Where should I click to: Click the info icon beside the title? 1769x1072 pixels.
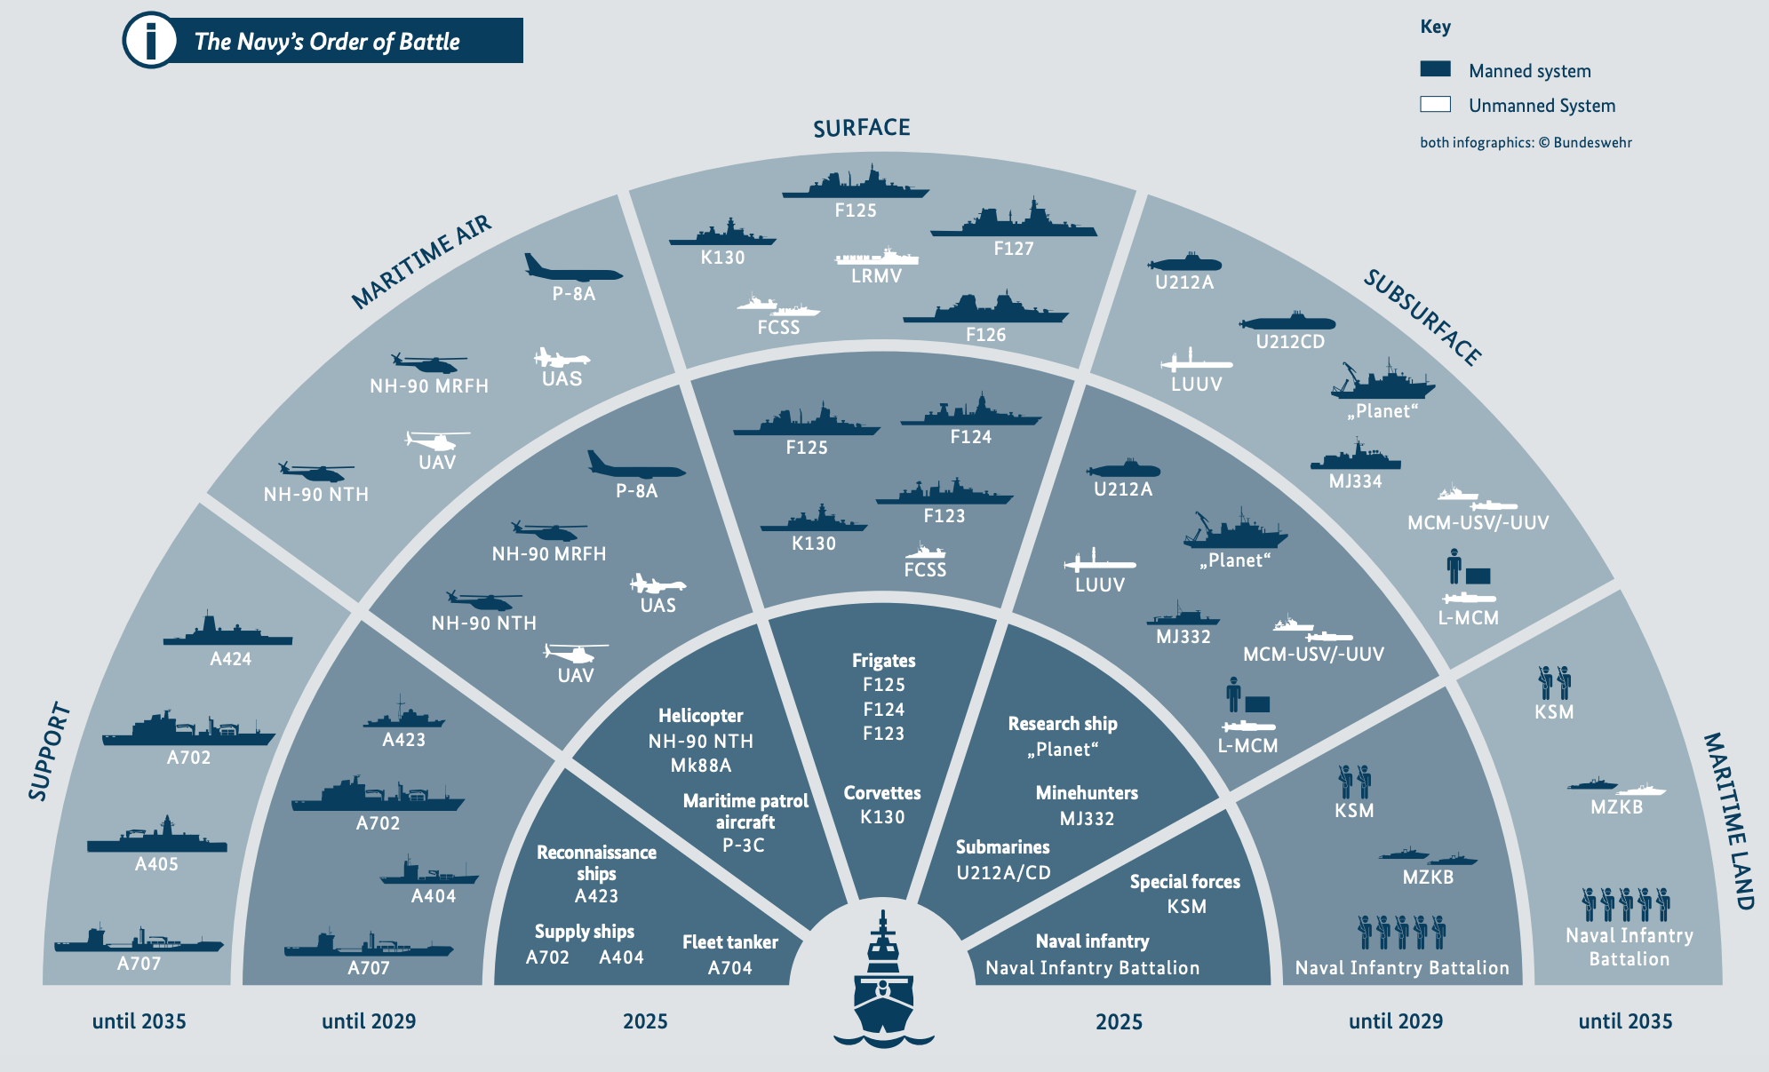coord(150,41)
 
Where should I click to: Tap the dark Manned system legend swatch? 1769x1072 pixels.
coord(1435,69)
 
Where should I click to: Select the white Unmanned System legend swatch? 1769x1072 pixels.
coord(1435,104)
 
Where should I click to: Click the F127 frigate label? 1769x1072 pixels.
coord(1014,249)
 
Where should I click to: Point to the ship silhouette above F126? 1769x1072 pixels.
coord(985,307)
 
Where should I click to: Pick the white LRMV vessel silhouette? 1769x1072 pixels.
coord(877,257)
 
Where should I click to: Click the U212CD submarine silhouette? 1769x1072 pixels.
coord(1287,322)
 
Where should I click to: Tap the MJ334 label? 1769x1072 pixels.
coord(1355,481)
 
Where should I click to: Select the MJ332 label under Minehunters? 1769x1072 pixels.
coord(1087,818)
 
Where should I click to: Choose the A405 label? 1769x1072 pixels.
coord(156,864)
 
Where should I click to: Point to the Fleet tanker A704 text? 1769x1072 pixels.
coord(729,955)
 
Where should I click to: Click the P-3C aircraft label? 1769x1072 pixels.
coord(744,846)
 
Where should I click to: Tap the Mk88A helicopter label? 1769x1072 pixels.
coord(701,766)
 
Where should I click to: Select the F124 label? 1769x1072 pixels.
coord(971,437)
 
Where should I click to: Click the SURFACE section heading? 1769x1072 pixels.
coord(861,128)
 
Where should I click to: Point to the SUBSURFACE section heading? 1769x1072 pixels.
coord(1422,318)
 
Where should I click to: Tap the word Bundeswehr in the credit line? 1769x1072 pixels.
coord(1592,142)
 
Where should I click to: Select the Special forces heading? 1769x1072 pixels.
coord(1184,882)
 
